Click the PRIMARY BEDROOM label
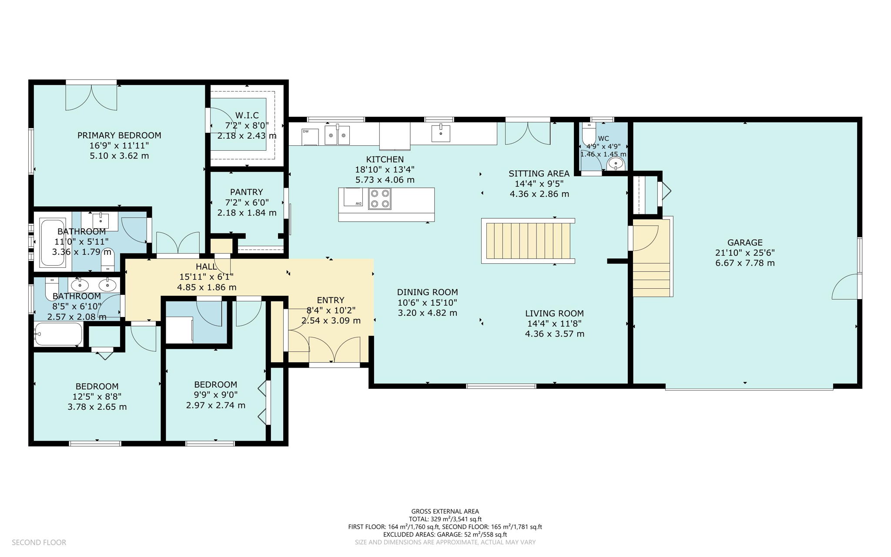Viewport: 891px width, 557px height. coord(119,135)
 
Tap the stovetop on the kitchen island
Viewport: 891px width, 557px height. coord(379,199)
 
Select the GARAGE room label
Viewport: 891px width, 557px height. coord(745,243)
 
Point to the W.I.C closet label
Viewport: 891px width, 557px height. coord(247,115)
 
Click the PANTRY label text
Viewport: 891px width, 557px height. coord(247,192)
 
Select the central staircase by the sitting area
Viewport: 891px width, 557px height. coord(528,241)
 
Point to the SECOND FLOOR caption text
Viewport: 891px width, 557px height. coord(39,542)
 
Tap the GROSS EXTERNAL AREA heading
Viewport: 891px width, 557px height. coord(445,511)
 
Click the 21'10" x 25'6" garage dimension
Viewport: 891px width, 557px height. coord(745,253)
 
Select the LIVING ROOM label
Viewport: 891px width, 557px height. coord(554,313)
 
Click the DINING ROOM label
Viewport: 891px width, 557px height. coord(427,292)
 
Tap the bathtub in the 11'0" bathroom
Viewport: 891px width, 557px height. coord(53,243)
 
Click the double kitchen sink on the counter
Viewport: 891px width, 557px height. coord(337,135)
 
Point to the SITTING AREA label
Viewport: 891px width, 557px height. coord(539,174)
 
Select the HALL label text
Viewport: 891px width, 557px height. coord(206,267)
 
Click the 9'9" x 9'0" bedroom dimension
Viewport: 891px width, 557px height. coord(215,395)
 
